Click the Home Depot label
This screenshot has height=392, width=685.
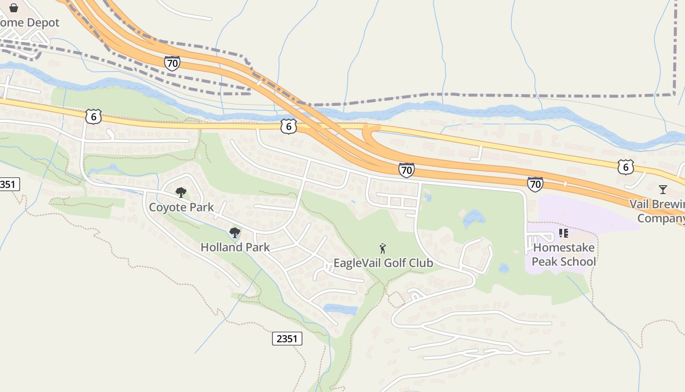29,23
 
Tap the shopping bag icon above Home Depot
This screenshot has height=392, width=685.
14,7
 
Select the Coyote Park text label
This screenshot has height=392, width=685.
181,207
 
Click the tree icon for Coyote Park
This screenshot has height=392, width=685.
181,192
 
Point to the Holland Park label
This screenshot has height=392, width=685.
235,247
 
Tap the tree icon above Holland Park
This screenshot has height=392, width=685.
235,232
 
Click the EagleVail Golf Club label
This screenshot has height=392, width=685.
383,263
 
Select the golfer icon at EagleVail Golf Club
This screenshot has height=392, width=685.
383,248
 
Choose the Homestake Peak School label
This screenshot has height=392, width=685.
564,254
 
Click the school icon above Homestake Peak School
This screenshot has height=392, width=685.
563,233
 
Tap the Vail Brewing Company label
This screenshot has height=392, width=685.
658,211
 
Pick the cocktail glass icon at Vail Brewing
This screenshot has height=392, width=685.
662,189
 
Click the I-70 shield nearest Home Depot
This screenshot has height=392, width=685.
172,63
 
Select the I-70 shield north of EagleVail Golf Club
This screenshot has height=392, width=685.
406,170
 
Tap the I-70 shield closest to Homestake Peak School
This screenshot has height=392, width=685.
535,184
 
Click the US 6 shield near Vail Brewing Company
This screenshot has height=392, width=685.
625,167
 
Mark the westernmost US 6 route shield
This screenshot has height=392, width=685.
93,117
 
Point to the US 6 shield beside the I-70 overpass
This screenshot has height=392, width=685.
289,126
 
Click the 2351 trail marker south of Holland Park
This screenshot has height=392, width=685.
287,339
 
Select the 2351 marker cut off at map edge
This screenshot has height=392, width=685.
7,184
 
